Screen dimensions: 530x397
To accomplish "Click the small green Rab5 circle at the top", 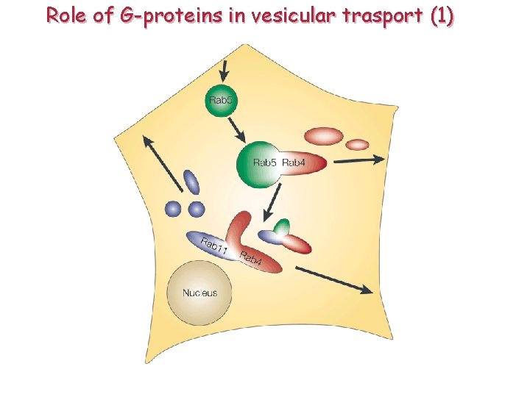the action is (x=221, y=101).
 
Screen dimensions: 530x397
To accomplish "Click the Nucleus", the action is (x=199, y=293).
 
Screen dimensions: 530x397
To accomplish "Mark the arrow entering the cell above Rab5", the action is (x=225, y=71).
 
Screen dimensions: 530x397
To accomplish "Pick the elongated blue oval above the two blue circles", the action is (x=191, y=182).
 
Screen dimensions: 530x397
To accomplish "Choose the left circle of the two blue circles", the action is (x=174, y=209).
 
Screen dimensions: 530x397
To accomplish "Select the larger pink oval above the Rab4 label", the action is (x=325, y=136).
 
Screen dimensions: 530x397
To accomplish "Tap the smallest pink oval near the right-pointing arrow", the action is (x=358, y=144).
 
